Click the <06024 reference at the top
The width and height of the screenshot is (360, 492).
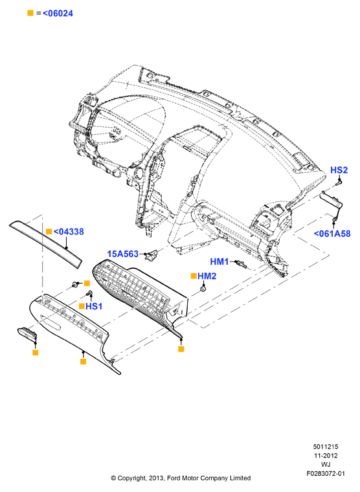pyautogui.click(x=58, y=14)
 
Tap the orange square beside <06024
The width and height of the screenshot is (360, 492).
pyautogui.click(x=30, y=13)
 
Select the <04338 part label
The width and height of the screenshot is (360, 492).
pyautogui.click(x=69, y=232)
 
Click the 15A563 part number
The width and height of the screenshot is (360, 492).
pyautogui.click(x=123, y=254)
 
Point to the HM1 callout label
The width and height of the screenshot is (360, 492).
pyautogui.click(x=219, y=262)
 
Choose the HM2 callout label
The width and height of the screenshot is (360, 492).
pyautogui.click(x=207, y=276)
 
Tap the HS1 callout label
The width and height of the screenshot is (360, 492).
pyautogui.click(x=94, y=306)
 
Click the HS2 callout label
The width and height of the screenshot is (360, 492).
pyautogui.click(x=339, y=170)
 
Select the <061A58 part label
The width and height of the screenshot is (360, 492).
pyautogui.click(x=332, y=234)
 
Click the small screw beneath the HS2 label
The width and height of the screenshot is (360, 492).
pyautogui.click(x=339, y=182)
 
